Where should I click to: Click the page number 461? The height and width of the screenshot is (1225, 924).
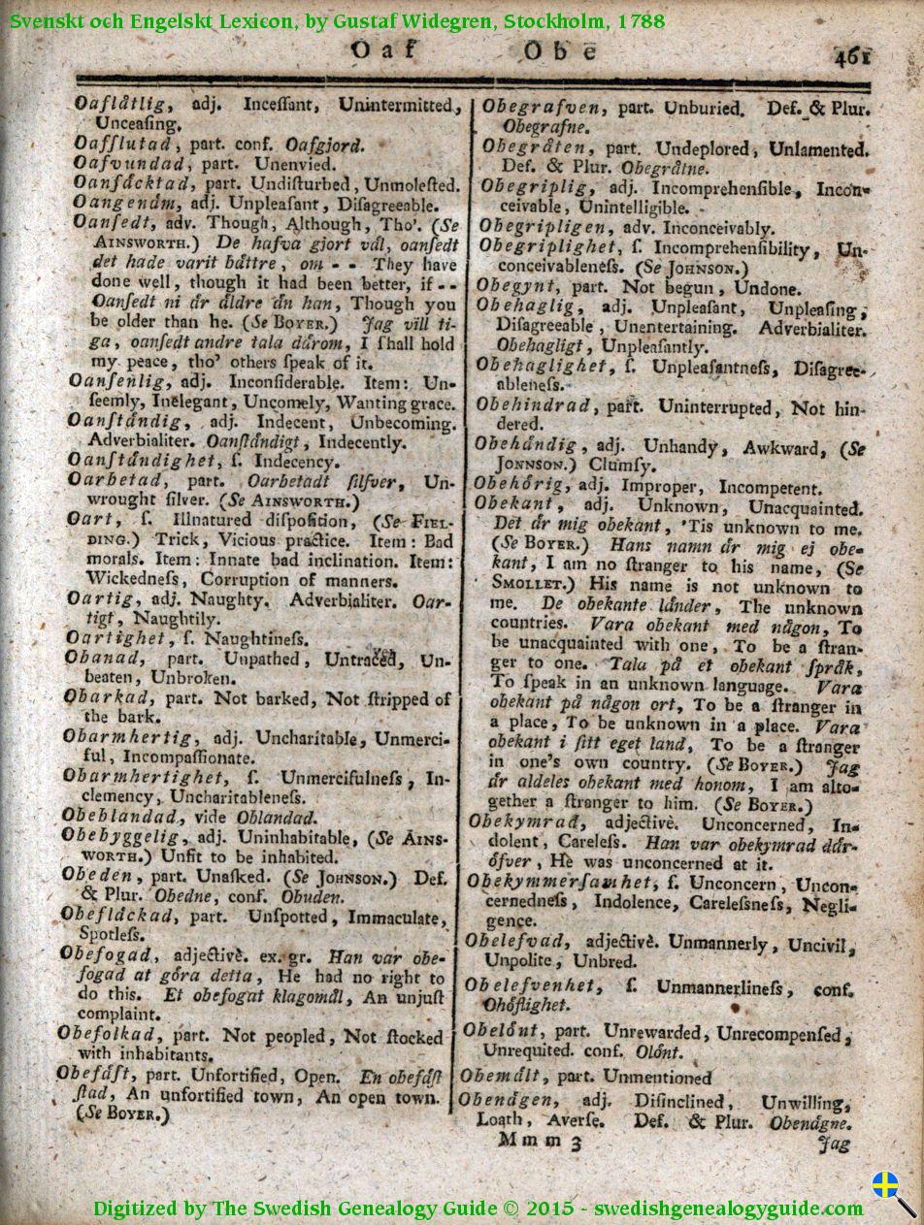pyautogui.click(x=851, y=56)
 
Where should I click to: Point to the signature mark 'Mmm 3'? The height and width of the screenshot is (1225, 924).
pyautogui.click(x=539, y=1143)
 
